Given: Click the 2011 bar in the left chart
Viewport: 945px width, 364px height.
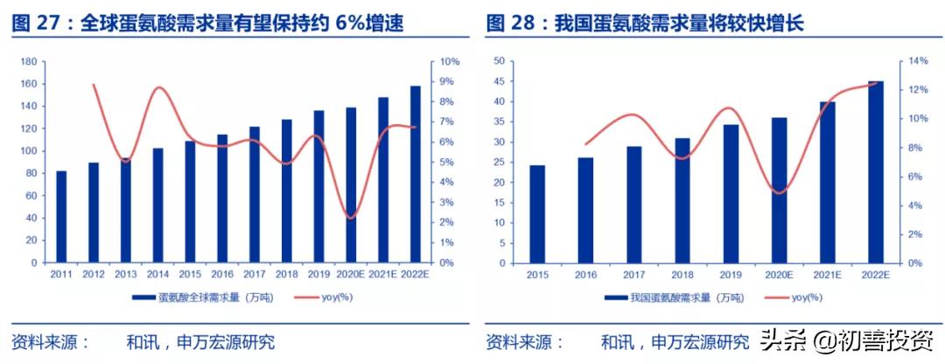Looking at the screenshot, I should pyautogui.click(x=61, y=216).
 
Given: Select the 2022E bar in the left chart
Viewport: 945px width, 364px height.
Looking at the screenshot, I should pyautogui.click(x=415, y=174).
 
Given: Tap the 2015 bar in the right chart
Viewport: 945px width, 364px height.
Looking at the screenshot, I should pyautogui.click(x=537, y=213).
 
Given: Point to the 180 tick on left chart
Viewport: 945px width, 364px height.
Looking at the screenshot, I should pyautogui.click(x=28, y=62).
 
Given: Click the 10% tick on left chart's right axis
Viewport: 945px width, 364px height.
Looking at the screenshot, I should pyautogui.click(x=450, y=62).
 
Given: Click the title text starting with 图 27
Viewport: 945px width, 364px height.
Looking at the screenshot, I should pyautogui.click(x=208, y=24).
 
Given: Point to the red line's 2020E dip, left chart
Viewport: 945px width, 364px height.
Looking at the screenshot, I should pyautogui.click(x=351, y=217).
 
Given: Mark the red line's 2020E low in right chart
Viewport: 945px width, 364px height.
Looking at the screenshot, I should pyautogui.click(x=779, y=192).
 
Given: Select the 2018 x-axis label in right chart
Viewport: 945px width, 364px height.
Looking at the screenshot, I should pyautogui.click(x=682, y=275).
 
